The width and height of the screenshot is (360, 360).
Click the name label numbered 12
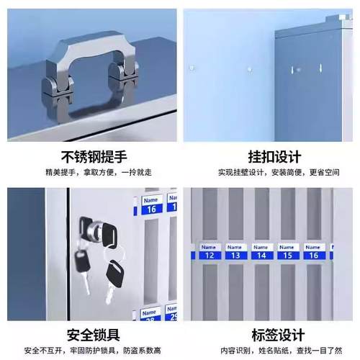point(209,252)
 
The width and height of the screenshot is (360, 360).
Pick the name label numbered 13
point(235,252)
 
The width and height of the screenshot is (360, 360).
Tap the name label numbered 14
point(261,252)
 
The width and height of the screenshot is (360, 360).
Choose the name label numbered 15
point(287,252)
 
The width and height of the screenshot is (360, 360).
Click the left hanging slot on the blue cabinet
point(293,69)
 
